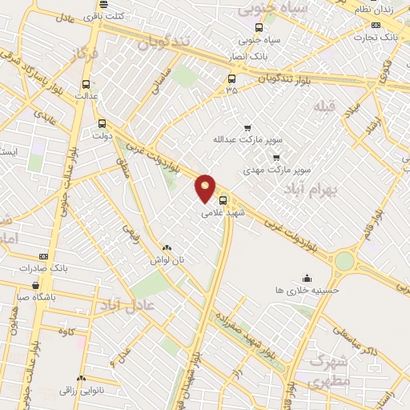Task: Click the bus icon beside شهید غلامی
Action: click(x=223, y=201)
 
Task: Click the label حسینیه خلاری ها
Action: click(x=307, y=289)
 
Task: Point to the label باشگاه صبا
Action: click(x=35, y=295)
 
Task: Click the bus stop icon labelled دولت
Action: click(x=102, y=123)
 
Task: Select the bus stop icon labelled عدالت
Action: click(x=86, y=83)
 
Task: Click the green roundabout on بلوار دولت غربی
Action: click(x=345, y=261)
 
